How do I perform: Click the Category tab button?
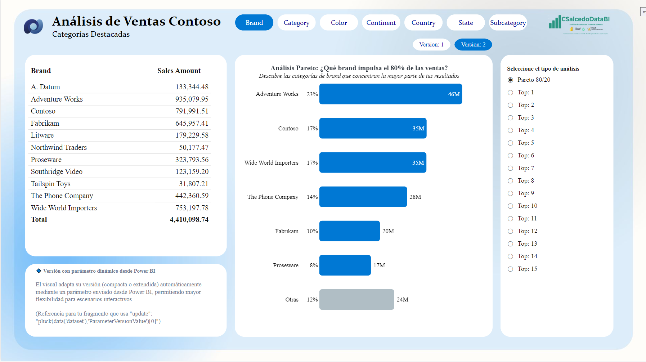tap(296, 23)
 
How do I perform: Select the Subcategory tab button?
tap(508, 23)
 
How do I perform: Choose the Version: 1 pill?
tap(431, 45)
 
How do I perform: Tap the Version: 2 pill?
tap(473, 45)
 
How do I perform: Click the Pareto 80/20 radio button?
tap(510, 80)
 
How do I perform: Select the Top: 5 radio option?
tap(510, 143)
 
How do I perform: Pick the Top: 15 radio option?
tap(510, 269)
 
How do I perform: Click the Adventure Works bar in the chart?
tap(390, 94)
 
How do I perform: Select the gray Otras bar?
tap(356, 299)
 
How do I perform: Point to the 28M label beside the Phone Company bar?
tap(415, 197)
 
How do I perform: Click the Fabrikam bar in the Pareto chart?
tap(349, 231)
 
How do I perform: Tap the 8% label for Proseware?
tap(314, 265)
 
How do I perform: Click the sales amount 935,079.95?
tap(192, 99)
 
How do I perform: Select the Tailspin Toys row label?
tap(51, 184)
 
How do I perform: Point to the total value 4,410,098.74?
tap(189, 219)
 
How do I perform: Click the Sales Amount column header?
tap(179, 71)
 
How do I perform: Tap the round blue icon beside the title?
tap(33, 26)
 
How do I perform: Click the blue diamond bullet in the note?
tap(39, 271)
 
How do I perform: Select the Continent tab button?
tap(381, 23)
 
